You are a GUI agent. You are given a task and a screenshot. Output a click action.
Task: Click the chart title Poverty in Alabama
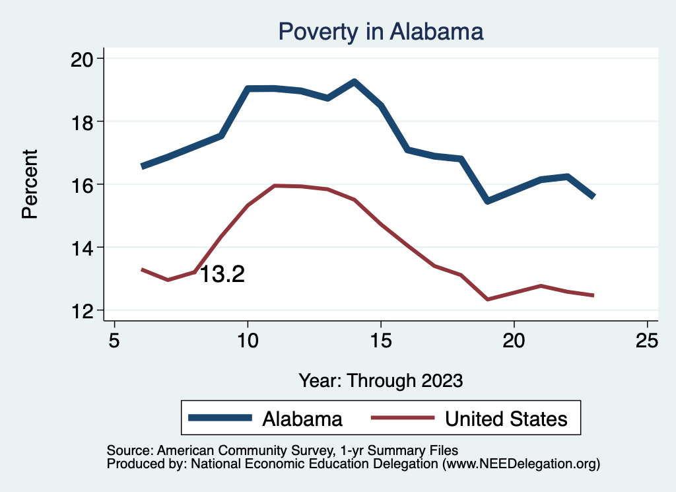coord(381,31)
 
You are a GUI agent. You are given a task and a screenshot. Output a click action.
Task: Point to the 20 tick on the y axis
coord(83,59)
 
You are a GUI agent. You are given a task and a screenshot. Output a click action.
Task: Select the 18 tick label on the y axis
coord(83,122)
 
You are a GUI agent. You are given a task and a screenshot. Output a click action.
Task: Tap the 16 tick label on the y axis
coord(83,184)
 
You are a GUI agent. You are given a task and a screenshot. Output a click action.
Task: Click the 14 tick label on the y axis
coord(83,248)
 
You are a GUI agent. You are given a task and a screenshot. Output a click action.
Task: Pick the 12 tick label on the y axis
coord(83,310)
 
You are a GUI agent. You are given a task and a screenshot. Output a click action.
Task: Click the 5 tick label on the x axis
coord(115,341)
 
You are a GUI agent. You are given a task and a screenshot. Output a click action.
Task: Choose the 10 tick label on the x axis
coord(248,341)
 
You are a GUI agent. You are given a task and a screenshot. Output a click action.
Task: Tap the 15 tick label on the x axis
coord(381,341)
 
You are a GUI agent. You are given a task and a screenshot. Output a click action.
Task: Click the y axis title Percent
coord(30,184)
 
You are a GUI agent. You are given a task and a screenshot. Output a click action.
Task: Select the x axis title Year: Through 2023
coord(381,380)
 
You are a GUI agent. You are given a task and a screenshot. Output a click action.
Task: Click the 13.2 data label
coord(222,274)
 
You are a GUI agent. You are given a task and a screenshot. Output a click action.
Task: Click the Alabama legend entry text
coord(302,419)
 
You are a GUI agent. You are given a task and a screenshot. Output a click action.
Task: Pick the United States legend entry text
coord(506,419)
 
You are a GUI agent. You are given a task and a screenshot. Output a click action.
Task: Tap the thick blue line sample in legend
coord(220,418)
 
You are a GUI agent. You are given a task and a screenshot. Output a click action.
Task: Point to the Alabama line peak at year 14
coord(355,82)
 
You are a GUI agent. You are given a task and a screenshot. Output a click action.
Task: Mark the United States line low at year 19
coord(488,299)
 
